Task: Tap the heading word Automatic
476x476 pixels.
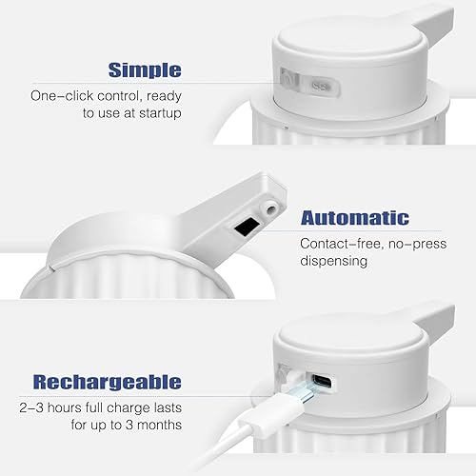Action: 356,217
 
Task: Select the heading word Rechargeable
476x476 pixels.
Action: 107,382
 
